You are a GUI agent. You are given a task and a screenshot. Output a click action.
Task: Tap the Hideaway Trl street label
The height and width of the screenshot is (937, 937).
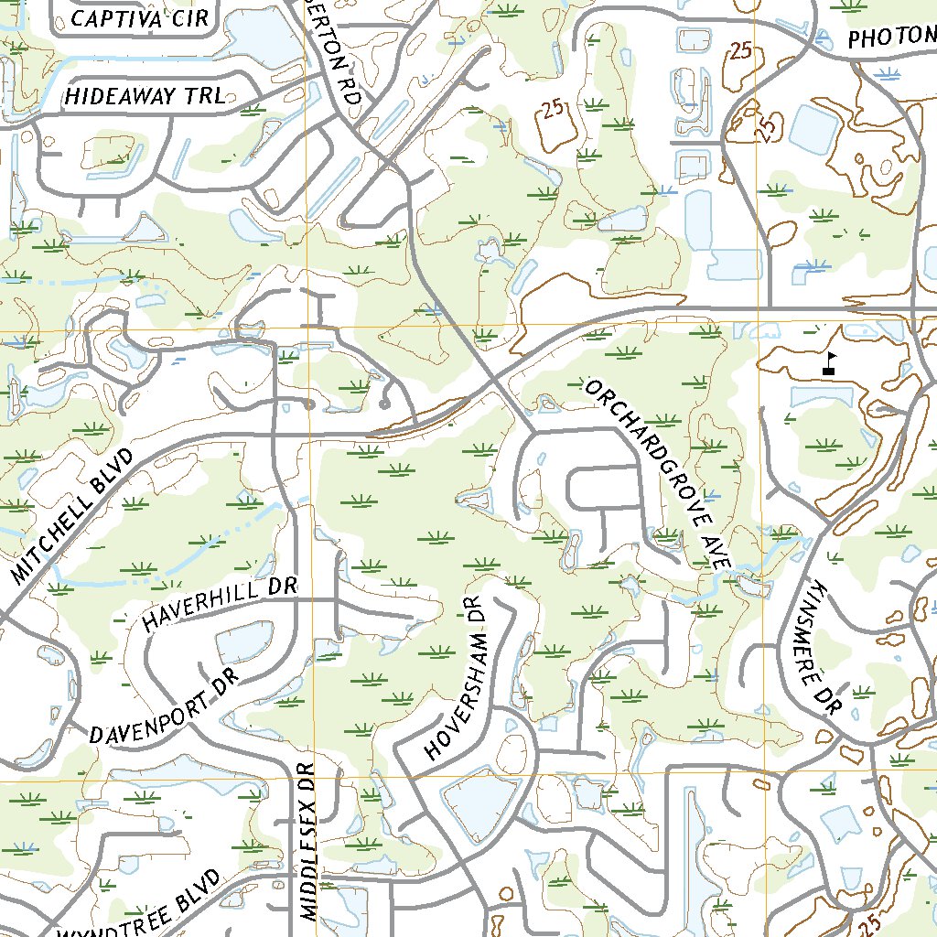pyautogui.click(x=145, y=96)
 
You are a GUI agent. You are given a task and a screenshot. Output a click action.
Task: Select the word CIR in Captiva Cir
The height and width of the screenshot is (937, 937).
pyautogui.click(x=188, y=17)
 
